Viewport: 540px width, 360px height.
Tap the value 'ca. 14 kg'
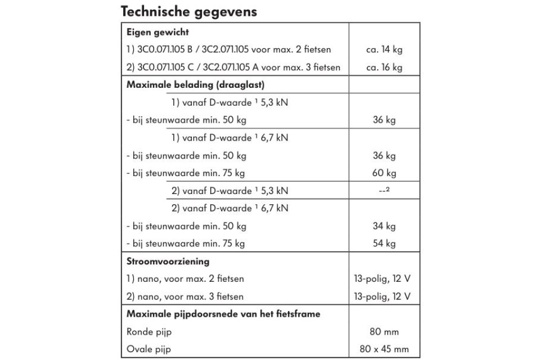coord(384,49)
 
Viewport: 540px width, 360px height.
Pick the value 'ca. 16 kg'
coord(384,67)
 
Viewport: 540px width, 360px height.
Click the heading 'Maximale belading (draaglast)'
coord(195,85)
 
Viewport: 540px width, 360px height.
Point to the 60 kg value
coord(384,173)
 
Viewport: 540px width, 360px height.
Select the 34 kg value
coord(384,226)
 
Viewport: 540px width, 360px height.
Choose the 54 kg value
coord(384,244)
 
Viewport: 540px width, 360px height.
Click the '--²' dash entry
coord(384,191)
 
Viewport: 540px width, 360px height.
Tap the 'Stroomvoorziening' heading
coord(168,262)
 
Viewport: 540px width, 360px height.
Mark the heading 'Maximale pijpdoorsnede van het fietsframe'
coord(224,314)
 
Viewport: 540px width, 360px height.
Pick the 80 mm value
coord(384,332)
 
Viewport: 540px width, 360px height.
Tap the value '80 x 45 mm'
coord(384,349)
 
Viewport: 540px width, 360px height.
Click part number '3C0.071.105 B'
coord(168,49)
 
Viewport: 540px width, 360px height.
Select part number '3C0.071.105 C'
coord(168,67)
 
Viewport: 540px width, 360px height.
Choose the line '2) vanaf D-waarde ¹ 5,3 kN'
coord(229,191)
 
